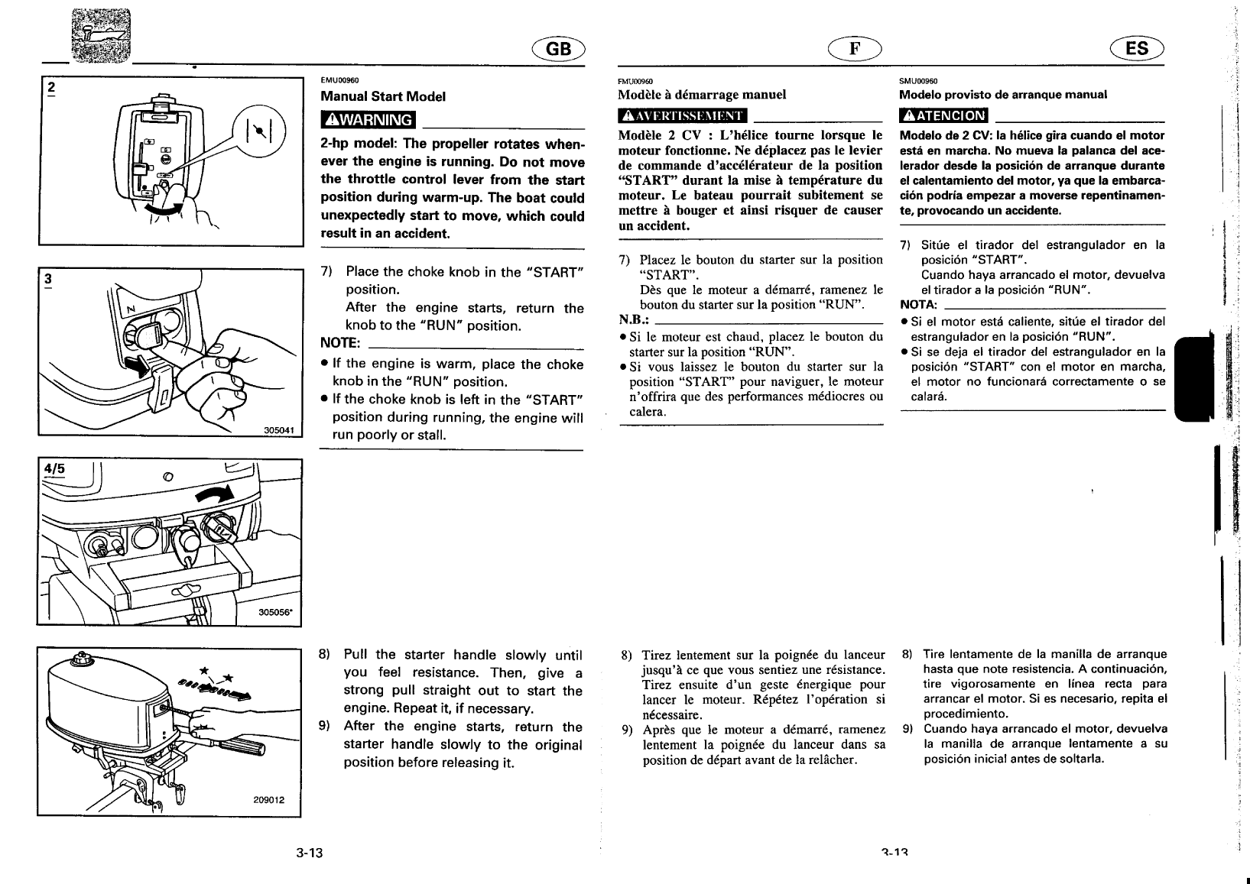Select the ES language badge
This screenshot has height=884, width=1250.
[x=1137, y=49]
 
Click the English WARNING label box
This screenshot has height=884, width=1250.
[x=368, y=120]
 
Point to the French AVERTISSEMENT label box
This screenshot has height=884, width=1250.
[x=682, y=116]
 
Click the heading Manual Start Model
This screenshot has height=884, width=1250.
[x=382, y=97]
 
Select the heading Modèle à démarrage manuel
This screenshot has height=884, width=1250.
[x=702, y=95]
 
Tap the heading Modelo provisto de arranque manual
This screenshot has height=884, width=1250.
[x=1003, y=95]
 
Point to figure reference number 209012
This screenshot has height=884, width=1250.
[x=269, y=800]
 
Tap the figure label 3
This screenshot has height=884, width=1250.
[x=48, y=278]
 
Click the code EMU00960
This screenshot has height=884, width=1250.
[x=339, y=80]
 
